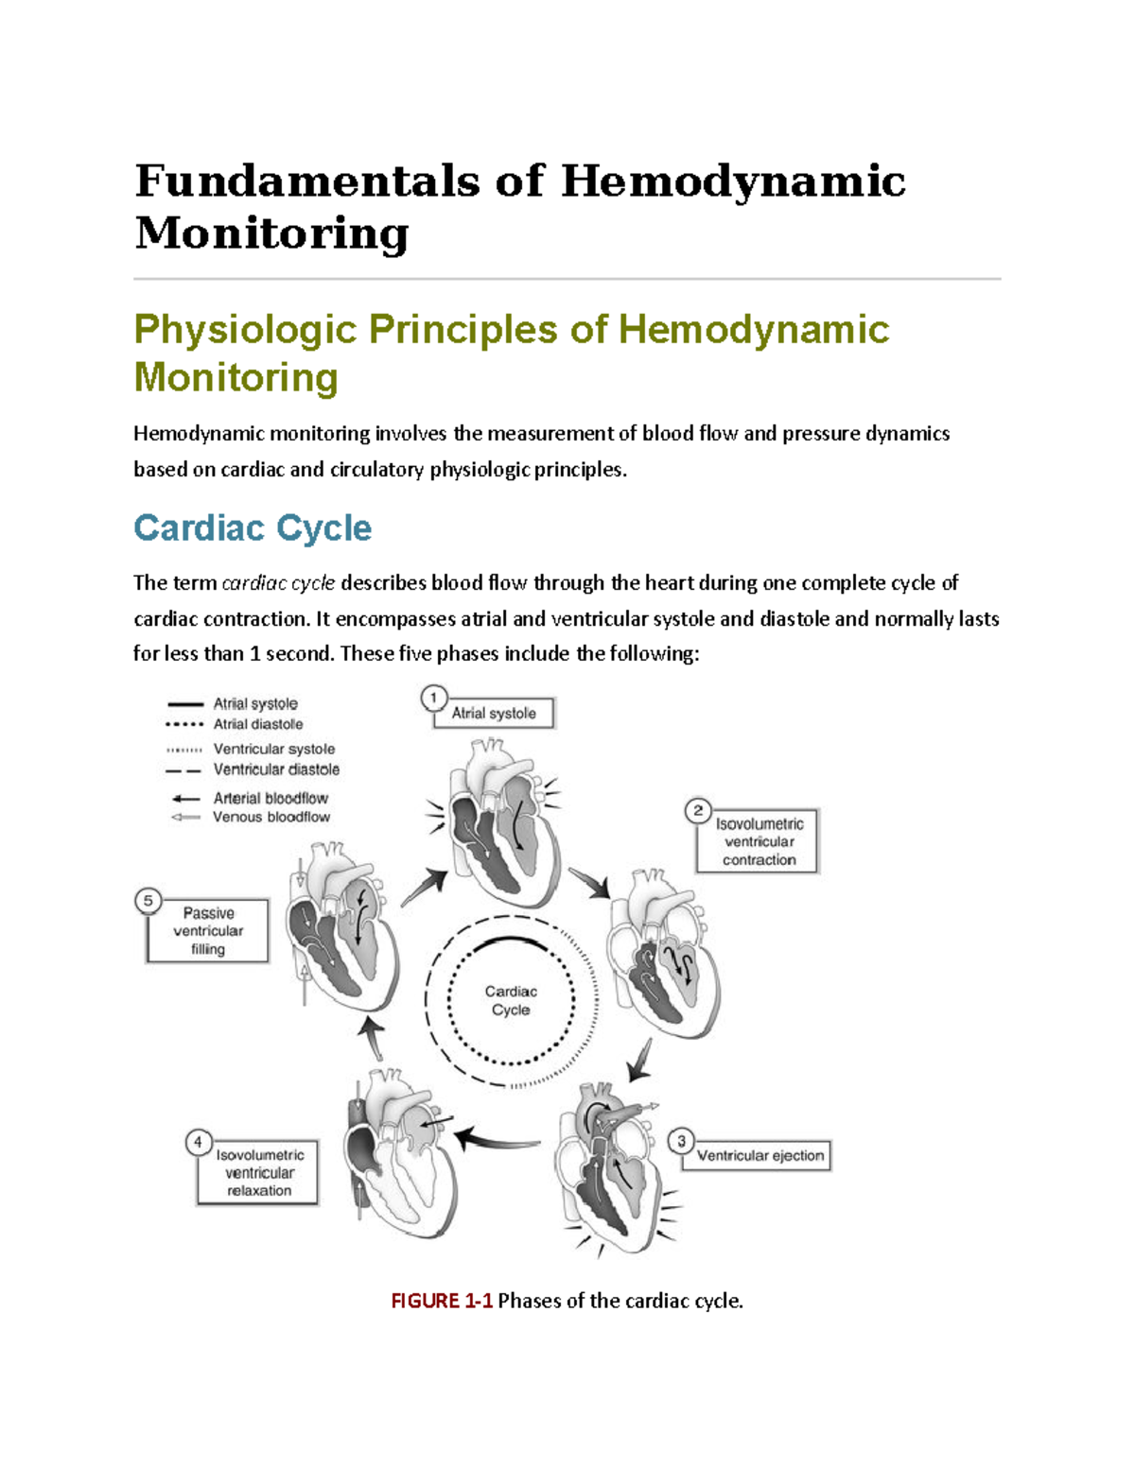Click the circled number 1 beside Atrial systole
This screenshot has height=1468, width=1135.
[433, 699]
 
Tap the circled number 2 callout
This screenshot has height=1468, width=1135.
[698, 810]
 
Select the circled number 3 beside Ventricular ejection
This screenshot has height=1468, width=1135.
[681, 1141]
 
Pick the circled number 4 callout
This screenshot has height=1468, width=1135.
[198, 1142]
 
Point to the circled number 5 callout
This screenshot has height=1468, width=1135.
[148, 901]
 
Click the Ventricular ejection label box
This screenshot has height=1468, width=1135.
[760, 1155]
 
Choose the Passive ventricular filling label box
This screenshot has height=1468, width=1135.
[208, 931]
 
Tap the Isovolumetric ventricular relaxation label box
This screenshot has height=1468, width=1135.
[258, 1173]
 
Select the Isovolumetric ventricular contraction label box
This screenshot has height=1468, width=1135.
[759, 841]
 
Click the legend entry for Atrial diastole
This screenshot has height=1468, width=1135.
[257, 724]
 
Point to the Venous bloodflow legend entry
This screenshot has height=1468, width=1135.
[271, 817]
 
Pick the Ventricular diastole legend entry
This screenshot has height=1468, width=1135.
[275, 769]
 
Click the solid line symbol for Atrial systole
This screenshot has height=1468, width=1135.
[185, 704]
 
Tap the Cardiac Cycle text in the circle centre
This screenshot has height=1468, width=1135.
[511, 1000]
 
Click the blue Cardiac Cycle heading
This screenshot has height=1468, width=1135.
[253, 527]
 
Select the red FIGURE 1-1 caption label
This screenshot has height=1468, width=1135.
[442, 1301]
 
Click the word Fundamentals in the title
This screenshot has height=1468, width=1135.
[307, 181]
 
